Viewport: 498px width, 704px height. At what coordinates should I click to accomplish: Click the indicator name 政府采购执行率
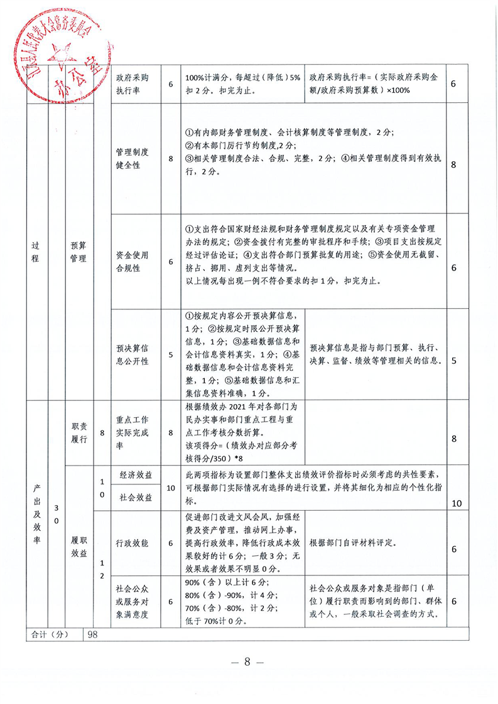click(133, 83)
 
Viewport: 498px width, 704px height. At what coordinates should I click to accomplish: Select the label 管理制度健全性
click(133, 159)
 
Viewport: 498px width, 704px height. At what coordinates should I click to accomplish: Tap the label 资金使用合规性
click(133, 262)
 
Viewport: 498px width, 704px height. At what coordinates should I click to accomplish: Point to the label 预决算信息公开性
click(133, 355)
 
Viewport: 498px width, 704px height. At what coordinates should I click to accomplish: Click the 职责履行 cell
click(79, 432)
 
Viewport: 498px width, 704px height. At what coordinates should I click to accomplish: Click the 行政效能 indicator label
click(133, 543)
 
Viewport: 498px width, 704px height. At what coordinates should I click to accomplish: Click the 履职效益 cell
click(79, 546)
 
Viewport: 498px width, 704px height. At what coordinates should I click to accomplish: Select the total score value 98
click(93, 634)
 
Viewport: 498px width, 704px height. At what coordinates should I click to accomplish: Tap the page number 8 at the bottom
click(247, 663)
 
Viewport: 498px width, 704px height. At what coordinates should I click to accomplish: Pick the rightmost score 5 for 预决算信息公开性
click(454, 360)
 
